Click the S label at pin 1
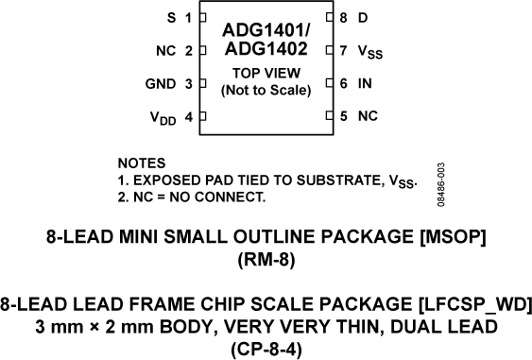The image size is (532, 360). (x=170, y=18)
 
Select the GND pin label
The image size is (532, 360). (x=160, y=84)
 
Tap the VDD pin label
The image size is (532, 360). (x=162, y=118)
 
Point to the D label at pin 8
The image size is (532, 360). (x=363, y=18)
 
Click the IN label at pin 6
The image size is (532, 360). (x=365, y=84)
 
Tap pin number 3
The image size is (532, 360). (x=188, y=84)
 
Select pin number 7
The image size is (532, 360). (x=343, y=51)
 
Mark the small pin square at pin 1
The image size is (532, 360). (x=201, y=18)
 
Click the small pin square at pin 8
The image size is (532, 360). (x=329, y=18)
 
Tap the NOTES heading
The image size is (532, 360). (x=141, y=163)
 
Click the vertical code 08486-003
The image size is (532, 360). (x=442, y=185)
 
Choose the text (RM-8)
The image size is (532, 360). (x=266, y=261)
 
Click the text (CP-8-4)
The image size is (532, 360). (x=266, y=347)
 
